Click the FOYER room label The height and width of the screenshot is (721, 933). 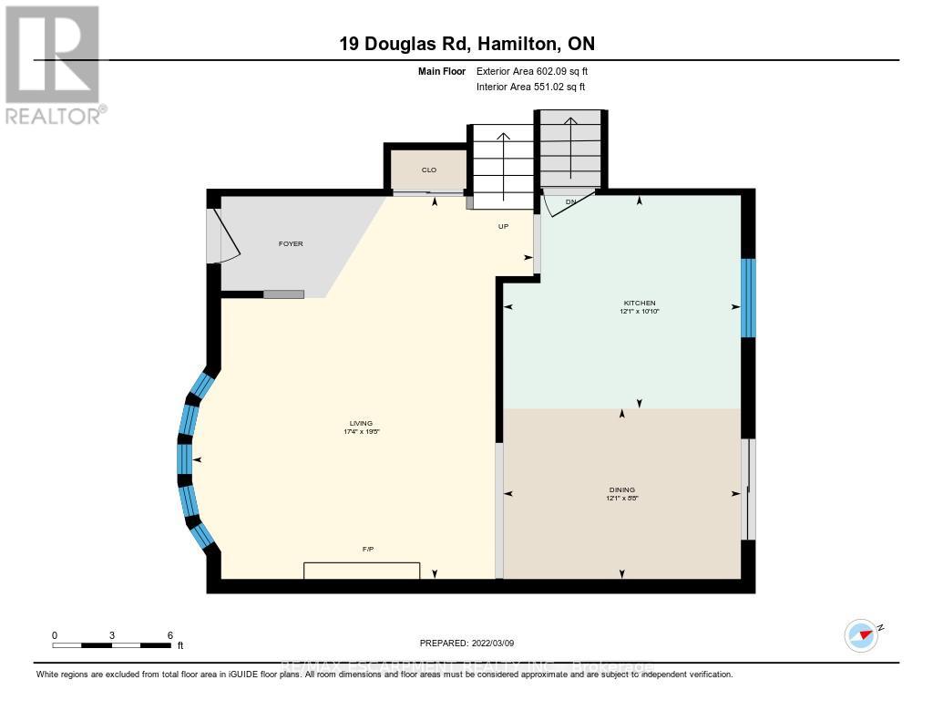click(291, 243)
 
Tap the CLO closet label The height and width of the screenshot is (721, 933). click(428, 170)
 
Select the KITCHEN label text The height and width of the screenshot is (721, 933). click(639, 303)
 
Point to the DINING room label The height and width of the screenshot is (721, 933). click(621, 489)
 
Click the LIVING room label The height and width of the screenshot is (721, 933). click(361, 423)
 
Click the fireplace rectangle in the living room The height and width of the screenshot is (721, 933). click(362, 571)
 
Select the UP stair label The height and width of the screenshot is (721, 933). click(503, 226)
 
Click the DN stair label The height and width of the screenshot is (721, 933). click(570, 201)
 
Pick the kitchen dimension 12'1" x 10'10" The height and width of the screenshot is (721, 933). click(639, 312)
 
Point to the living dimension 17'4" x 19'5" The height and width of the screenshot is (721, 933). click(361, 432)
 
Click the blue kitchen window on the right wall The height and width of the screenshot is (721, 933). click(748, 297)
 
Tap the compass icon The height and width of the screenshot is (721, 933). click(861, 634)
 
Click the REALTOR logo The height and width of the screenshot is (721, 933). click(54, 64)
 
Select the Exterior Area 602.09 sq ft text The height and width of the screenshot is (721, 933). click(538, 71)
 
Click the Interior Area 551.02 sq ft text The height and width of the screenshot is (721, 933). click(530, 87)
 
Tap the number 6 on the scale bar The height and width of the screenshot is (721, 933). click(170, 634)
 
